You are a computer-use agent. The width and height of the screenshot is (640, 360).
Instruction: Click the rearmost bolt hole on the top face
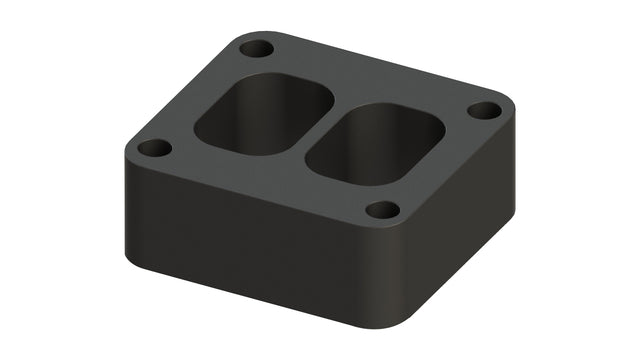coord(256,48)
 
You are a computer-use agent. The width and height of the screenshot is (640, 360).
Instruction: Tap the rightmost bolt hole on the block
coord(484,110)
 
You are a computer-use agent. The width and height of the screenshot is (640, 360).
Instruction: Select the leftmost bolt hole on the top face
coord(154,148)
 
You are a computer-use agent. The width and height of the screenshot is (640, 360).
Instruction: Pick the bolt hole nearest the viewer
coord(382,210)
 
